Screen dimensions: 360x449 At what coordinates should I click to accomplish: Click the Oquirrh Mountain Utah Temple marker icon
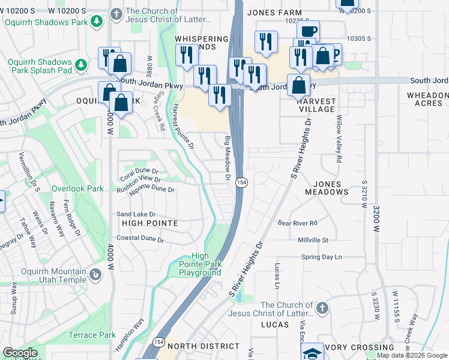(x=95, y=275)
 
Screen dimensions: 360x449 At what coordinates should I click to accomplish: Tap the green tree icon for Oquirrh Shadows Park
(x=96, y=21)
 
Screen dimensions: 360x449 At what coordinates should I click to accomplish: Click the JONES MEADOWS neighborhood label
(x=327, y=188)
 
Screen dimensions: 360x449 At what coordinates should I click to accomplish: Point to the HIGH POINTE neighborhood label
(x=149, y=223)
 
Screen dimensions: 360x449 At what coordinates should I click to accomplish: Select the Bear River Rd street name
(x=297, y=223)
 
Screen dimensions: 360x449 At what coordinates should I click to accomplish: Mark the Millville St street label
(x=313, y=240)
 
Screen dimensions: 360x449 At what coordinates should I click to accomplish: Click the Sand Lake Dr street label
(x=136, y=214)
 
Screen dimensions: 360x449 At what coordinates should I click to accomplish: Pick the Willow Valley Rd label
(x=339, y=139)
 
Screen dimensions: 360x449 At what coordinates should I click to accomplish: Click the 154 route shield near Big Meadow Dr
(x=241, y=182)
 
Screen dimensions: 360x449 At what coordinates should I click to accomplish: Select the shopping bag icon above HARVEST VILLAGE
(x=298, y=85)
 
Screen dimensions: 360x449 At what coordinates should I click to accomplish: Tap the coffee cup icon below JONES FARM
(x=308, y=31)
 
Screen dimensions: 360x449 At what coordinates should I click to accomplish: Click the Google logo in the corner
(x=20, y=353)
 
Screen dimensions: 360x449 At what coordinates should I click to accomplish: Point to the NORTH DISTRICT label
(x=203, y=347)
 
